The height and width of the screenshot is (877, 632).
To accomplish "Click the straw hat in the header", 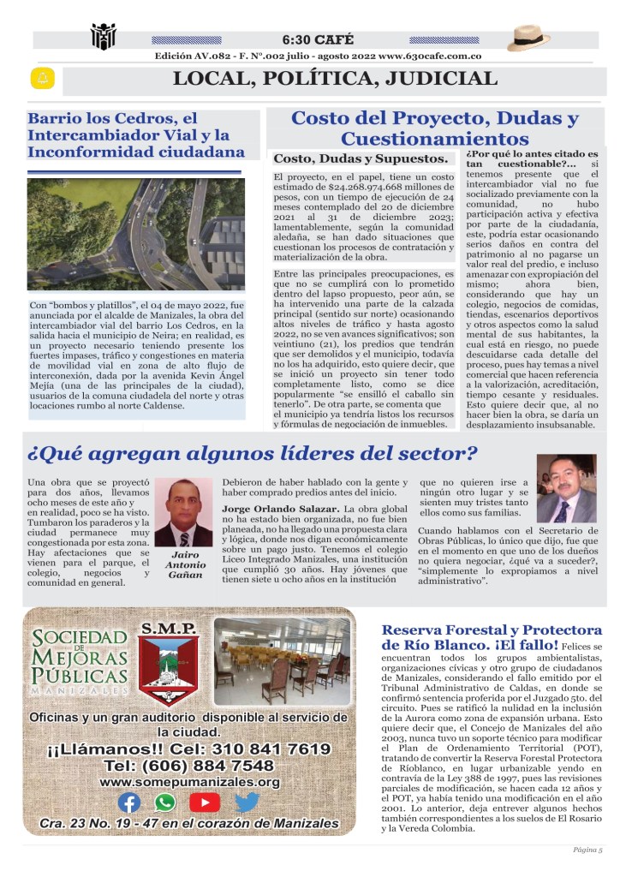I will pyautogui.click(x=528, y=38).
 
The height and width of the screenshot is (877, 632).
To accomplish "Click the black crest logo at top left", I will pyautogui.click(x=103, y=37).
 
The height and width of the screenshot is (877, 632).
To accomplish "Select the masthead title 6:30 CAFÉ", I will pyautogui.click(x=317, y=39).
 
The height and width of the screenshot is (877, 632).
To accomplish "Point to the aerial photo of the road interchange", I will pyautogui.click(x=136, y=234).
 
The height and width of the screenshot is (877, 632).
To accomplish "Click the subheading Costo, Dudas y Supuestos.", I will pyautogui.click(x=361, y=158).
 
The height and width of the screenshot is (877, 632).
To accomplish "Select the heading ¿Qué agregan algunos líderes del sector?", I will pyautogui.click(x=253, y=453).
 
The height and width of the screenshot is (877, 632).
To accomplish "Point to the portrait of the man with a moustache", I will pyautogui.click(x=566, y=488).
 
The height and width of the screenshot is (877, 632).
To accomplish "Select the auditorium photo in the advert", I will pyautogui.click(x=282, y=662).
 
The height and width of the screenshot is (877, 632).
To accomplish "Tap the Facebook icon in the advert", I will pyautogui.click(x=129, y=802).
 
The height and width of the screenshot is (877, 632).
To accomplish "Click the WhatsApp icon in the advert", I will pyautogui.click(x=165, y=802).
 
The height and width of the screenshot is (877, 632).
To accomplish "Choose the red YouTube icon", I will pyautogui.click(x=205, y=802).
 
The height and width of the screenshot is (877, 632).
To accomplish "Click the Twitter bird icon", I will pyautogui.click(x=247, y=802).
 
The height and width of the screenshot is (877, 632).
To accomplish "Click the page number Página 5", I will pyautogui.click(x=588, y=850).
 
